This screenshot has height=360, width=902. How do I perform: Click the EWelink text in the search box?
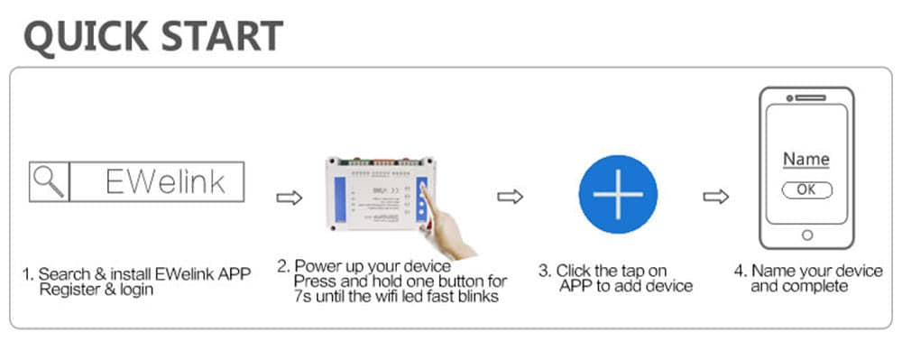164,181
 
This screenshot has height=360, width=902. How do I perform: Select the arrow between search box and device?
288,198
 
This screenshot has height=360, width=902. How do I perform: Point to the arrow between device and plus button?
511,198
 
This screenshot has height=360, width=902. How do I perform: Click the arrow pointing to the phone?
716,197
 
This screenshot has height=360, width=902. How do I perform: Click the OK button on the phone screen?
806,189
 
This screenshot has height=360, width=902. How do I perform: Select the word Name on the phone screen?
805,160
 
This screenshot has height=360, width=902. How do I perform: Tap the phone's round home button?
806,235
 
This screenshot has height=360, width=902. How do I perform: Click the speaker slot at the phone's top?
806,97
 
